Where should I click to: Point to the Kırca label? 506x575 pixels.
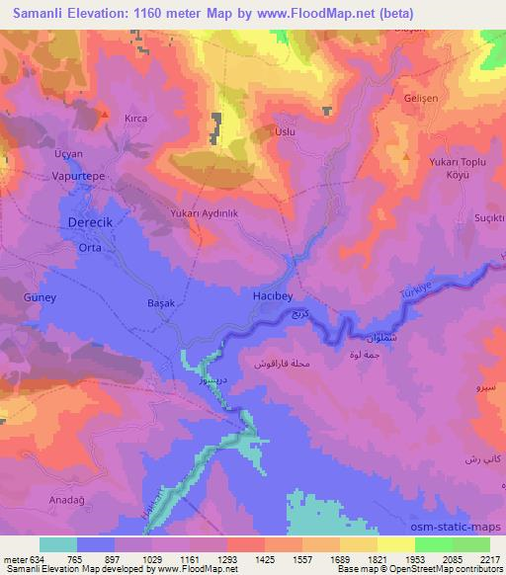coord(136,118)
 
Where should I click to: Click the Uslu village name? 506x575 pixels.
coord(285,131)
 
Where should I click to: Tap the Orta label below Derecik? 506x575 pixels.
coord(90,249)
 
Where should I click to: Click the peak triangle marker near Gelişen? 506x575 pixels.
coord(404,156)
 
